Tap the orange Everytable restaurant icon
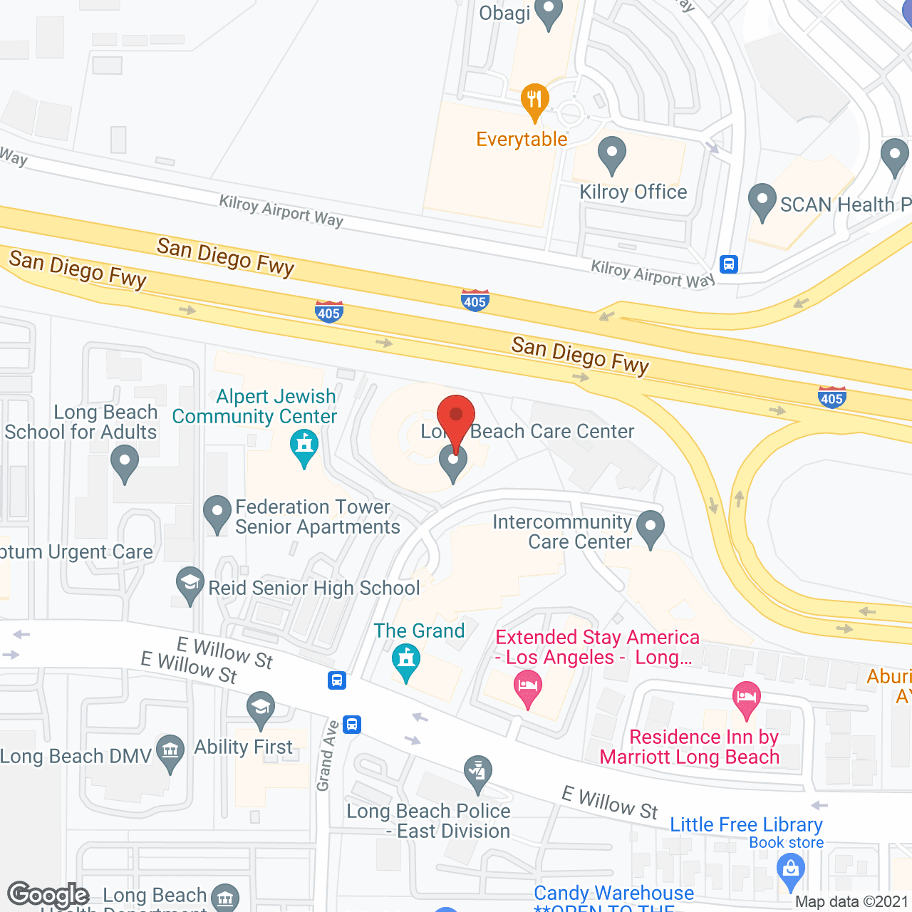click(x=534, y=100)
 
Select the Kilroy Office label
click(x=633, y=192)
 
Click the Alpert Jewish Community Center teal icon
click(x=304, y=447)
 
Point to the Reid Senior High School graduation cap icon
click(x=190, y=584)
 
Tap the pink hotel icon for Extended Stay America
click(x=527, y=689)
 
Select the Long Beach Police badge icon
click(x=478, y=772)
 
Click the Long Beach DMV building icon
click(x=170, y=752)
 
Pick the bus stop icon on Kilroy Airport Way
click(x=728, y=264)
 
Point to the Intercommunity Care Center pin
click(x=650, y=528)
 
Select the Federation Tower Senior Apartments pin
click(x=217, y=513)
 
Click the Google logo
click(x=48, y=895)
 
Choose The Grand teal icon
click(x=406, y=660)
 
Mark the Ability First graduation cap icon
click(x=261, y=708)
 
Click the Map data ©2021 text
click(x=851, y=902)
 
